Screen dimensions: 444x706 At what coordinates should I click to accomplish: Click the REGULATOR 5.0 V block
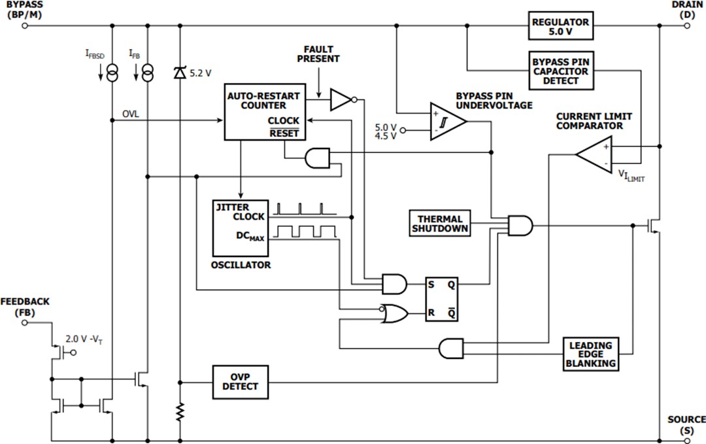(560, 26)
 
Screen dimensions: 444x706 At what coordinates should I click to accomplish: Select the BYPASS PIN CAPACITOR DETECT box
(560, 71)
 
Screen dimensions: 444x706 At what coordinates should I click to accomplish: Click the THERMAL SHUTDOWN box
(440, 224)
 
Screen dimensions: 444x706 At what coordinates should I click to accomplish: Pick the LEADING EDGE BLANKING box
(590, 354)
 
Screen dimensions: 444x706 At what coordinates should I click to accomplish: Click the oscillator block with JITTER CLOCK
(240, 228)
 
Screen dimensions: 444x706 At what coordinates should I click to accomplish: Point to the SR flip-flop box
(443, 299)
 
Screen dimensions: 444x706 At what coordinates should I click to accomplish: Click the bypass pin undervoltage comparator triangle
(446, 121)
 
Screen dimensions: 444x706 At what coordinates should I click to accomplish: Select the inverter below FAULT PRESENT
(341, 99)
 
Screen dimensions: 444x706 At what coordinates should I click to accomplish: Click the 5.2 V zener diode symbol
(180, 73)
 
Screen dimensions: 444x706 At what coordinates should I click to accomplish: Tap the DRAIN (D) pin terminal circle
(687, 26)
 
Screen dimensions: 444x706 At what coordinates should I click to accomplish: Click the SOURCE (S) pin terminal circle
(687, 439)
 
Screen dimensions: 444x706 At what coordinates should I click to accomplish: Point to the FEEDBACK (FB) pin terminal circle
(25, 322)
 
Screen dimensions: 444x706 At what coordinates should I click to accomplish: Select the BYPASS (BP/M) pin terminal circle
(25, 26)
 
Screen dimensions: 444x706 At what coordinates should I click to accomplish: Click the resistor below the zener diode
(180, 411)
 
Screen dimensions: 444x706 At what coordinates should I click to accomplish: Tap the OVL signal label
(131, 114)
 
